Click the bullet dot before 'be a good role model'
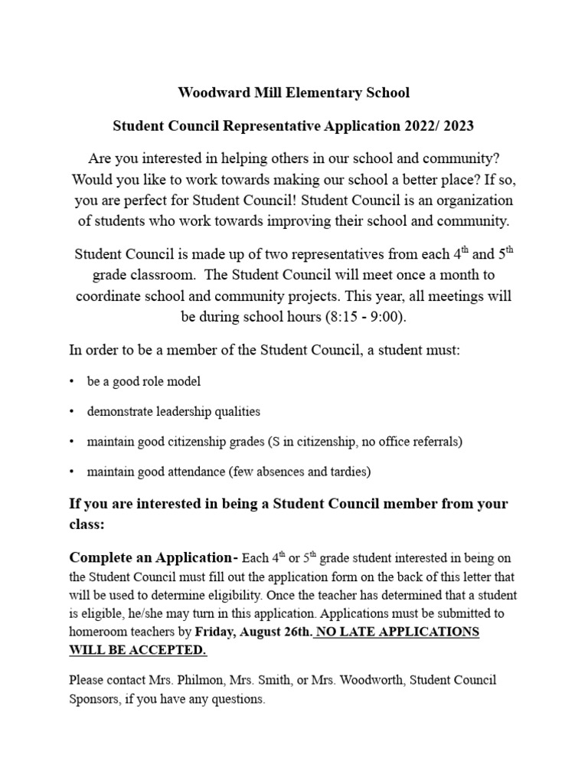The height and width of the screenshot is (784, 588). coord(72,381)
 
